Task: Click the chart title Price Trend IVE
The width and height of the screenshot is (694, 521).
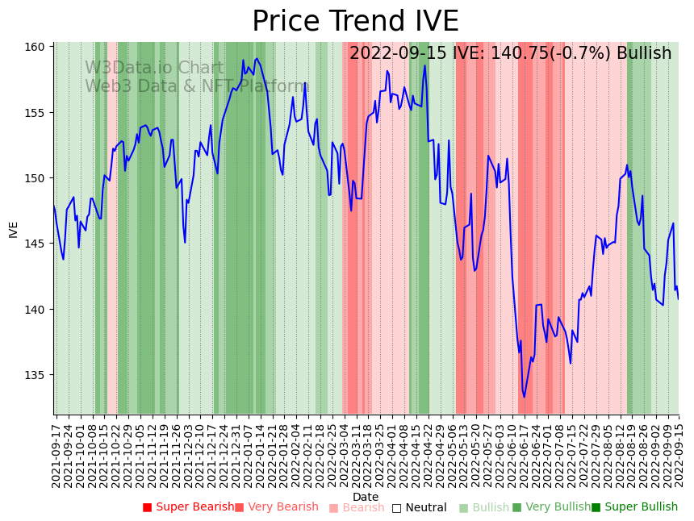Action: click(355, 22)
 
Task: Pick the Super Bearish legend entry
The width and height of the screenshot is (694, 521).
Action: click(188, 507)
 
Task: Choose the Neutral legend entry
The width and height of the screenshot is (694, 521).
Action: click(419, 507)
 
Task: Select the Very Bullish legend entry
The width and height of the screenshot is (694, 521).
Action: click(551, 507)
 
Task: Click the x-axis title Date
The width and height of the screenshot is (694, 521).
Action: click(366, 497)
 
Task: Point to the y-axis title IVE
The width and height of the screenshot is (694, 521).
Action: click(14, 229)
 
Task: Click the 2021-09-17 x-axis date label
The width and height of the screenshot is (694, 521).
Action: click(56, 452)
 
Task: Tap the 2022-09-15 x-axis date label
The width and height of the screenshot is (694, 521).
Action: click(679, 452)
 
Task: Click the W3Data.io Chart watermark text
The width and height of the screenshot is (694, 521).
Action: click(154, 69)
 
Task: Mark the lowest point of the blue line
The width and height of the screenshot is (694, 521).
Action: click(524, 397)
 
